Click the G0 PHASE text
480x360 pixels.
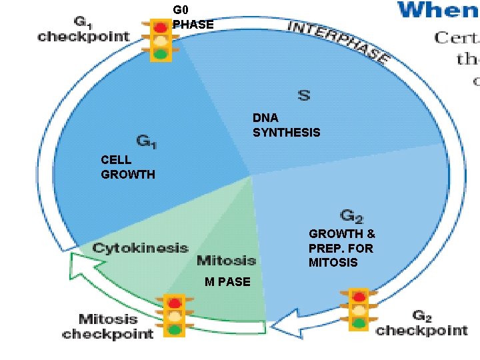point(193,17)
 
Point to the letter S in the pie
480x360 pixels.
point(303,95)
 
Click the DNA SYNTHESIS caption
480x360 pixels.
point(286,125)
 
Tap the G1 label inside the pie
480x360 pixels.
point(147,141)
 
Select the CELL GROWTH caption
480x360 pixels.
point(127,167)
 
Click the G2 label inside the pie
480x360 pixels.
point(351,216)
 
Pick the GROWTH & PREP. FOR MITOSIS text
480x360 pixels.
point(341,248)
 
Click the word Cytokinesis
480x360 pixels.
point(140,248)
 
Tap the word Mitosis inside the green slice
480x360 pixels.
point(227,260)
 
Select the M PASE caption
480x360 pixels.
point(227,282)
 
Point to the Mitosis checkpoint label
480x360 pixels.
point(107,326)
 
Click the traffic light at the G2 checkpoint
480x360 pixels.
point(359,309)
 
